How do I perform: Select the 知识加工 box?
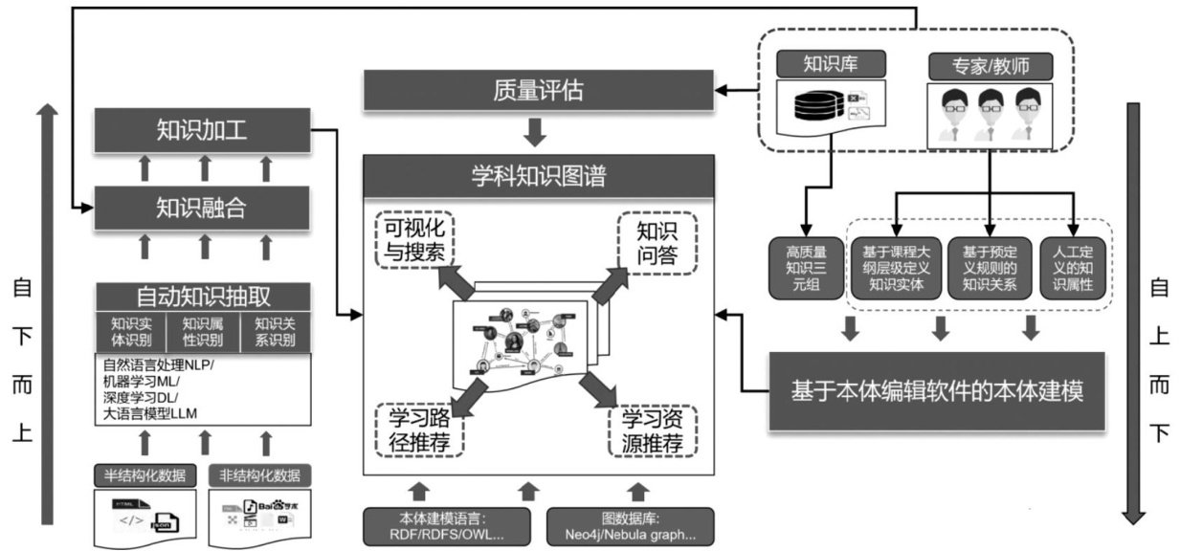(202, 130)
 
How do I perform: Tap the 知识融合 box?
(202, 207)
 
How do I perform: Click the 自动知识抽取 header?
(202, 295)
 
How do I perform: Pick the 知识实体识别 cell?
(131, 331)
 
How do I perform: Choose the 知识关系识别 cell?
(274, 331)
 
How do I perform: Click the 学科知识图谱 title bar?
(538, 177)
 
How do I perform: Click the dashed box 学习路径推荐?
(420, 432)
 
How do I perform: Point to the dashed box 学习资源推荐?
(653, 432)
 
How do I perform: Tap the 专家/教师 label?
(991, 66)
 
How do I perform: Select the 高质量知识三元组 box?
(805, 269)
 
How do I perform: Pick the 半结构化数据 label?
(144, 475)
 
